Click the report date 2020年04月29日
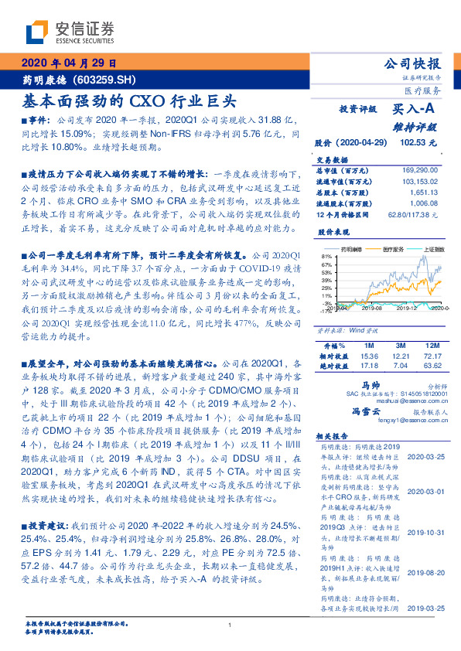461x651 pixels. tap(69, 64)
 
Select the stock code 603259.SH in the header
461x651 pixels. tap(114, 79)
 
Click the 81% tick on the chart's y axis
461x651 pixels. tap(325, 254)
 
